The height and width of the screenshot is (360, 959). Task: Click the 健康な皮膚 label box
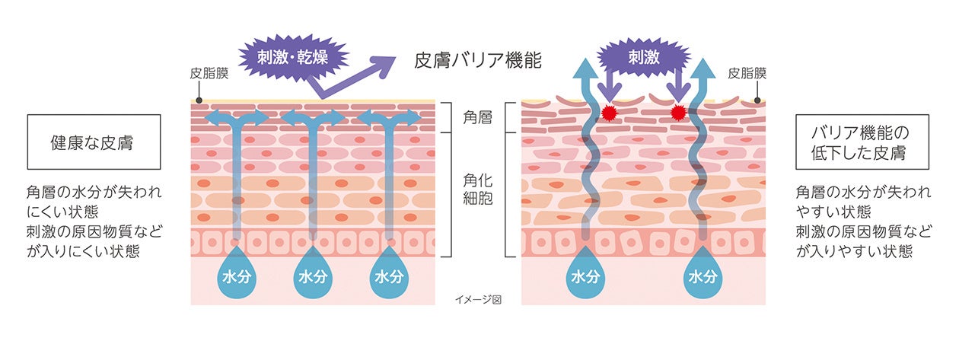[94, 142]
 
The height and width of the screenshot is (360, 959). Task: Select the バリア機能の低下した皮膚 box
[861, 142]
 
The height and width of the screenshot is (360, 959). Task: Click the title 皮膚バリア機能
[477, 60]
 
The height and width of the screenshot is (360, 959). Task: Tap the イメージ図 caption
[478, 299]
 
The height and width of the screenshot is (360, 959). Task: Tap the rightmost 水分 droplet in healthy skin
[387, 274]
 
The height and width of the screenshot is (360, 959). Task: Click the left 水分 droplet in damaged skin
[585, 274]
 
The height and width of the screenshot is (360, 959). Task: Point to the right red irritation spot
[677, 113]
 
